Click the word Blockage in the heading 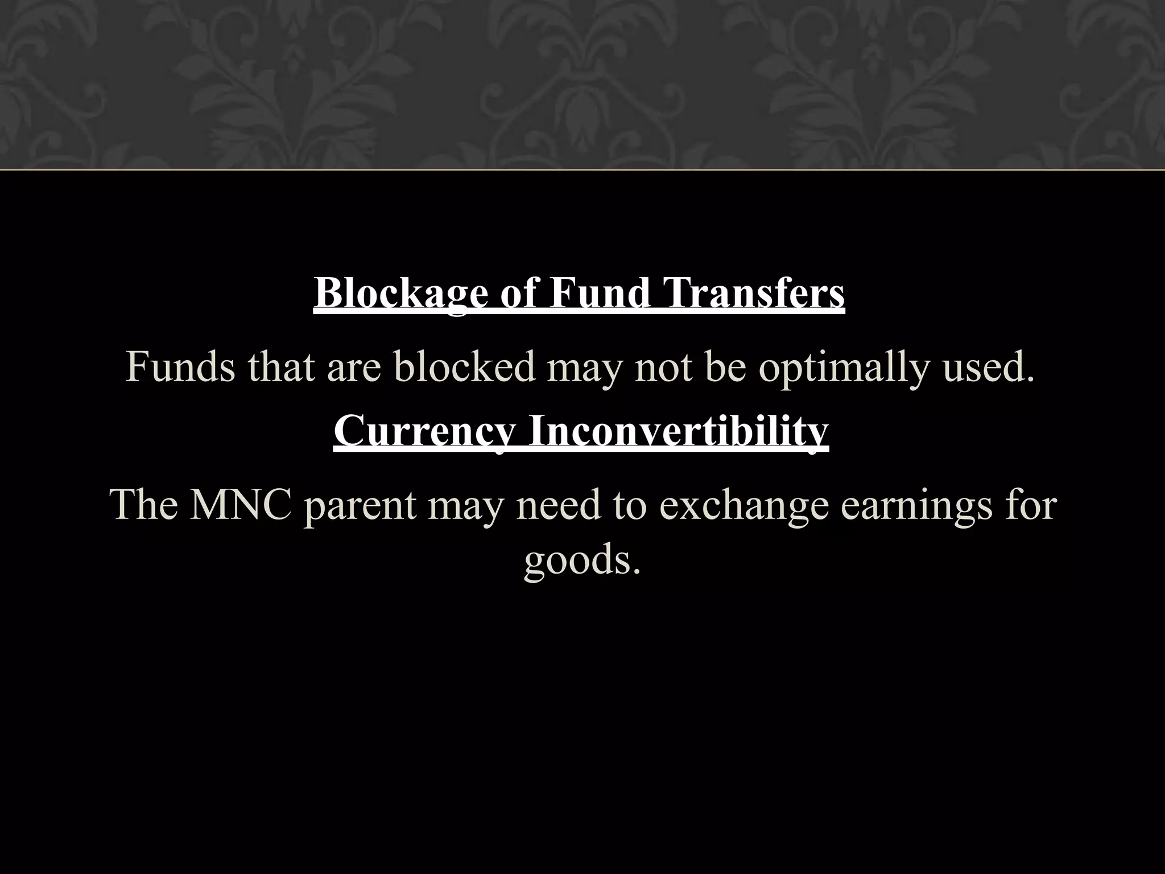coord(400,294)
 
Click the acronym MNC coord(241,505)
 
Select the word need coord(558,505)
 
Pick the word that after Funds coord(280,367)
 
